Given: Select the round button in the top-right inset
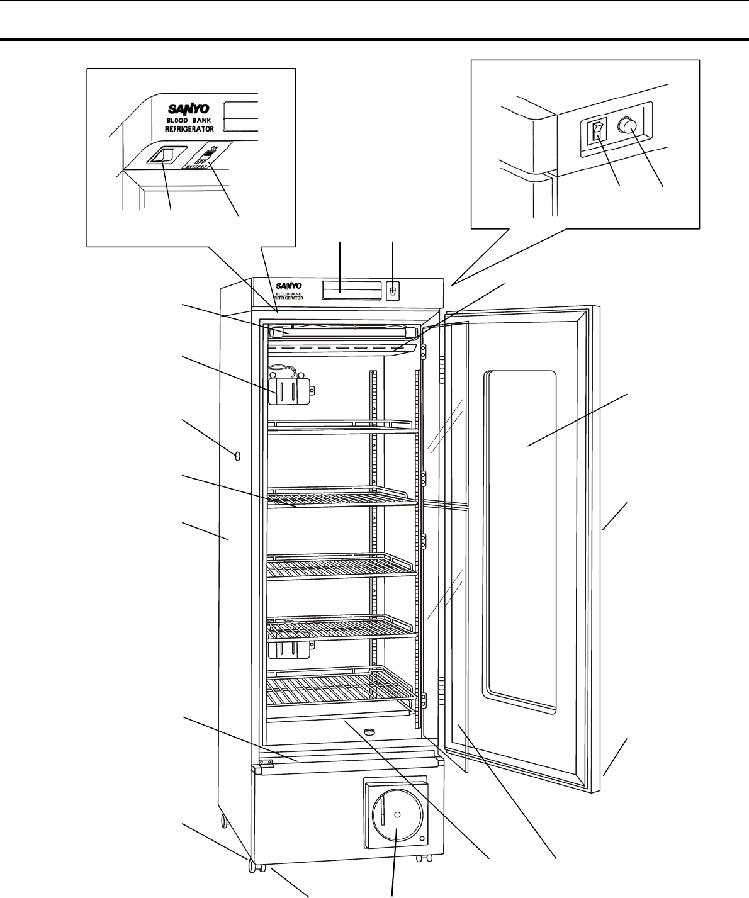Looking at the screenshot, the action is point(624,126).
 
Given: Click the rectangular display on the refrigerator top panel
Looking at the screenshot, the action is point(352,290).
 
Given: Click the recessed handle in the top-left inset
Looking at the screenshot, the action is point(164,155).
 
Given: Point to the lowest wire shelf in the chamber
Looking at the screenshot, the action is point(340,689).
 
